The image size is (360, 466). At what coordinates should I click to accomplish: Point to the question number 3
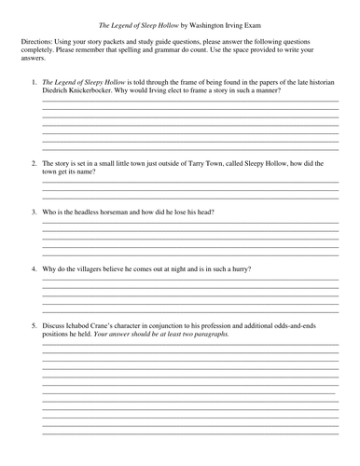(35, 212)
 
